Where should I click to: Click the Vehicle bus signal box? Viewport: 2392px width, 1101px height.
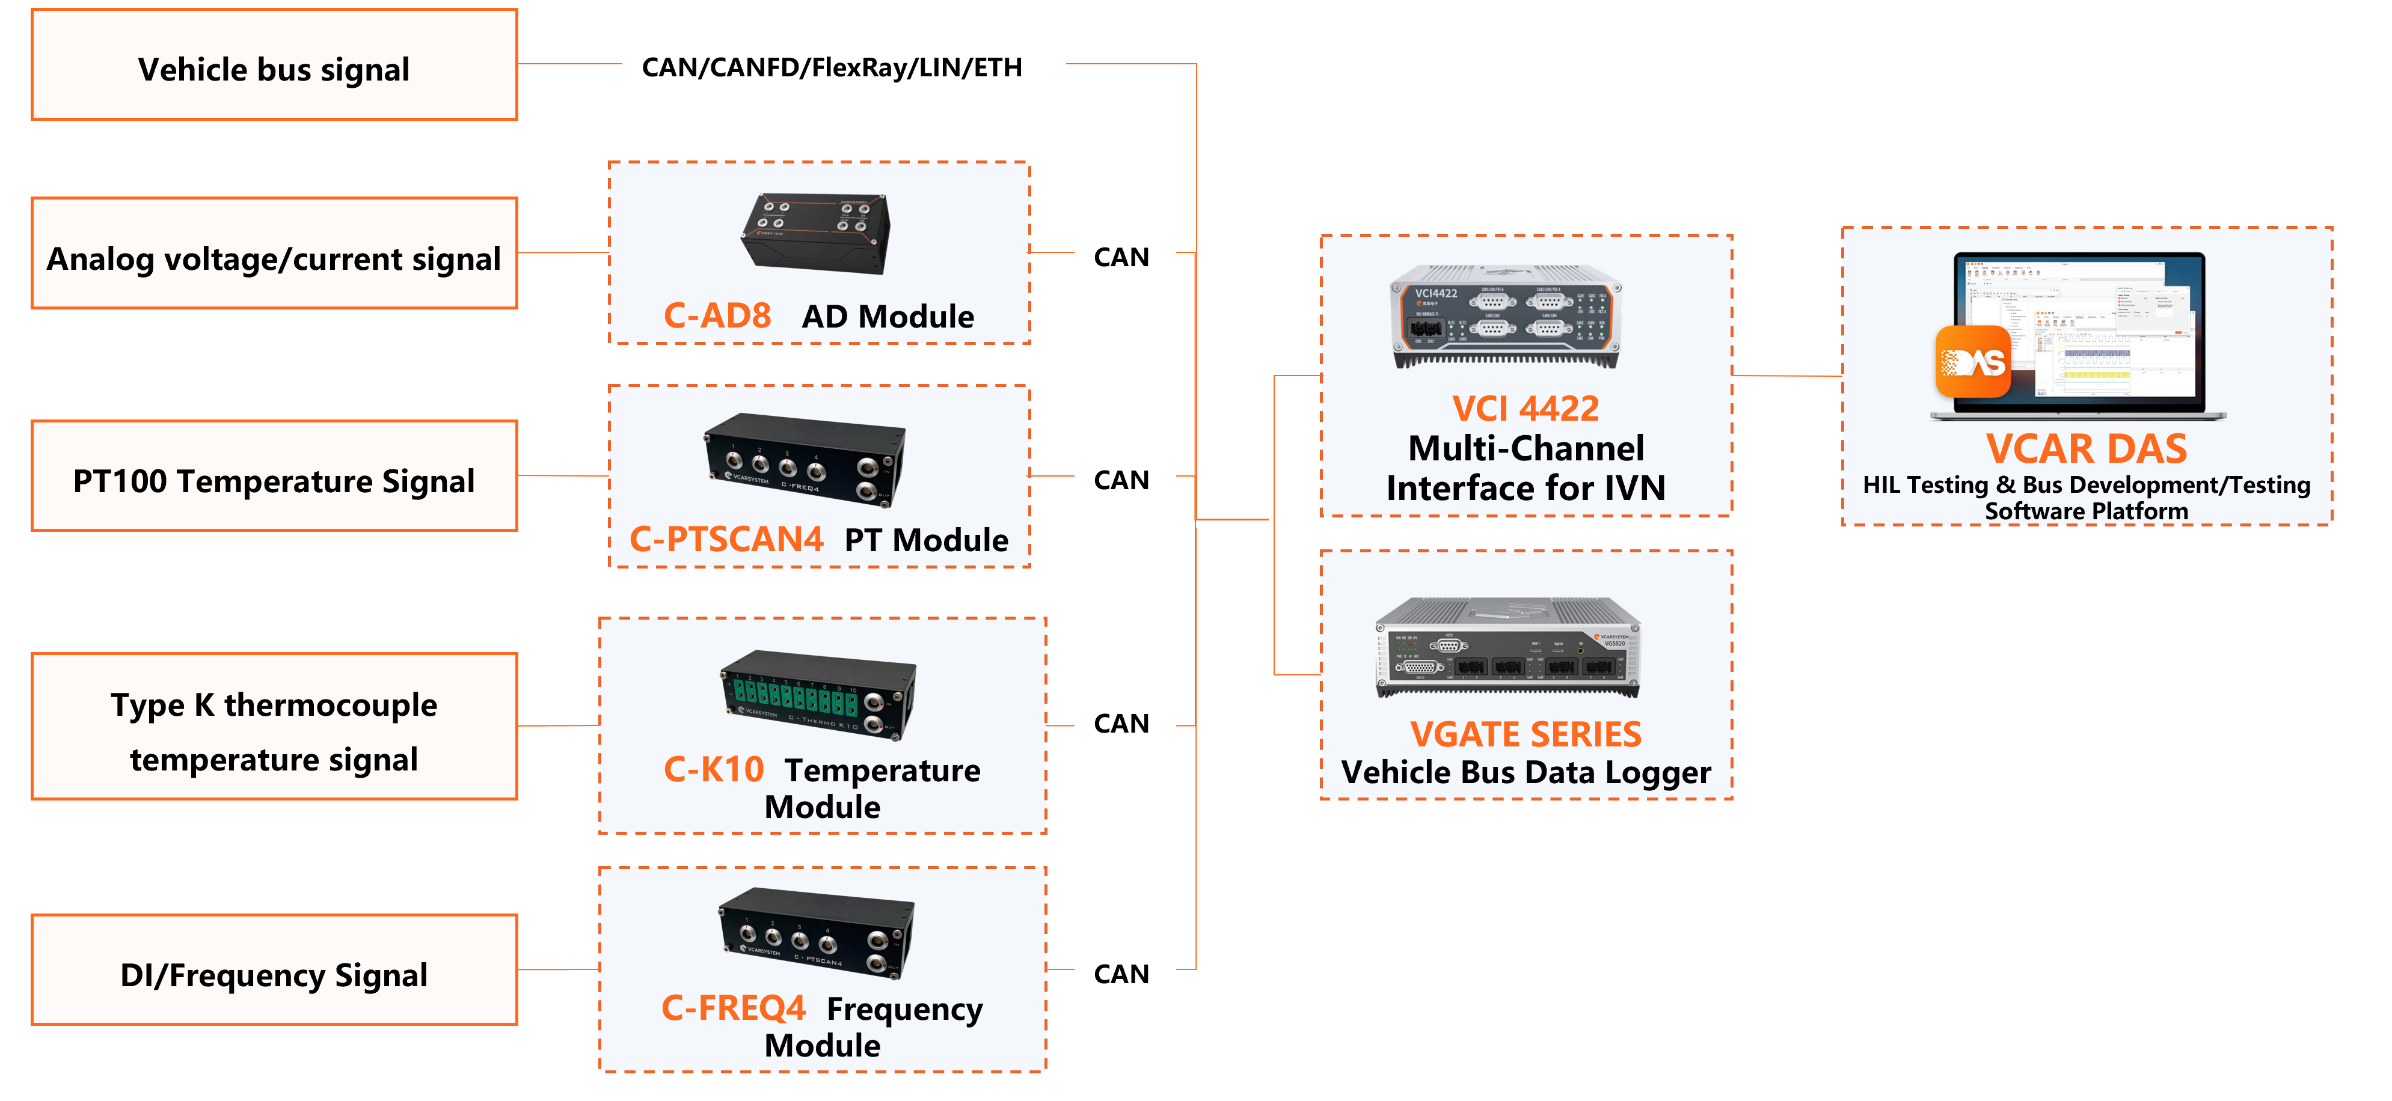(274, 65)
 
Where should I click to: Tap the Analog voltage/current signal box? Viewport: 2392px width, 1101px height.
(274, 254)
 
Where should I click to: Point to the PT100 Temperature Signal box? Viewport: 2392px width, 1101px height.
(274, 476)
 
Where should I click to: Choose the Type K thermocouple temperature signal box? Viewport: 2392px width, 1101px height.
(274, 727)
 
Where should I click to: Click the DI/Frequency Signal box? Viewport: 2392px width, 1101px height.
(274, 970)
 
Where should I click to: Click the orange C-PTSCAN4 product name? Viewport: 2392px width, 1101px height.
(726, 539)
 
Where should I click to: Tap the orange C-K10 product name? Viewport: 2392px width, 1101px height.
(713, 770)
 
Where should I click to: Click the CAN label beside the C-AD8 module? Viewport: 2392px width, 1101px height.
(1124, 255)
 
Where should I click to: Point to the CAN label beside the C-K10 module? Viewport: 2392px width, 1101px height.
(1124, 721)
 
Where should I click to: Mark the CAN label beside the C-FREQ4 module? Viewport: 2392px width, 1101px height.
(1124, 972)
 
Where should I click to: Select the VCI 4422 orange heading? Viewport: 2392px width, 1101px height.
(1525, 409)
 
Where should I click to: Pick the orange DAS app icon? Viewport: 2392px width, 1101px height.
(1972, 362)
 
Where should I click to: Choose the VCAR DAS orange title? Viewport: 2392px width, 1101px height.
(2085, 450)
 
